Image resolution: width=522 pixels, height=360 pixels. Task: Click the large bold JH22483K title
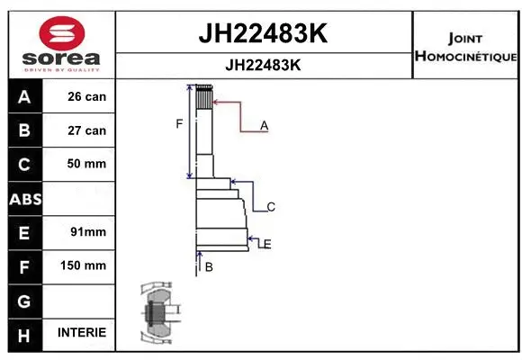(x=262, y=34)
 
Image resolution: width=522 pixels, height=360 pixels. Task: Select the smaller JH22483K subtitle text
(x=262, y=66)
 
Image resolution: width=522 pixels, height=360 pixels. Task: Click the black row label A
(x=24, y=97)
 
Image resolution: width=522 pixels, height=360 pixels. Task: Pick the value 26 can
(x=86, y=97)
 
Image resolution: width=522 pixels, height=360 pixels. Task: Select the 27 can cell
(x=86, y=130)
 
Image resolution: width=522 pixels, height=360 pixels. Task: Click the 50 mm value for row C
(x=86, y=164)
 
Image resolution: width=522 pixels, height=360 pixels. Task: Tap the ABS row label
(x=24, y=198)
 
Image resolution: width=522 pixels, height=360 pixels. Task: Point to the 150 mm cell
(x=86, y=265)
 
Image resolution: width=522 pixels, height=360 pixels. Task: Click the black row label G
(x=24, y=300)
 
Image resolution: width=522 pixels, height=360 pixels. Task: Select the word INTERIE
(x=81, y=333)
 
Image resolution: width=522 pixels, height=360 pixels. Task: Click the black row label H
(x=24, y=333)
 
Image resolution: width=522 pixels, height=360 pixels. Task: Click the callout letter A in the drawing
(x=265, y=126)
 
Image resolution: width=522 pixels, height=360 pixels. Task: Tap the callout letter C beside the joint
(x=270, y=207)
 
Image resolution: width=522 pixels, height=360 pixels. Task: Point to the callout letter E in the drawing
(x=267, y=244)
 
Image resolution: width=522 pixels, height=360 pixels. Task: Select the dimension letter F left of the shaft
(x=179, y=123)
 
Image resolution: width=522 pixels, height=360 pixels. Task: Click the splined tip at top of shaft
(x=204, y=95)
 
